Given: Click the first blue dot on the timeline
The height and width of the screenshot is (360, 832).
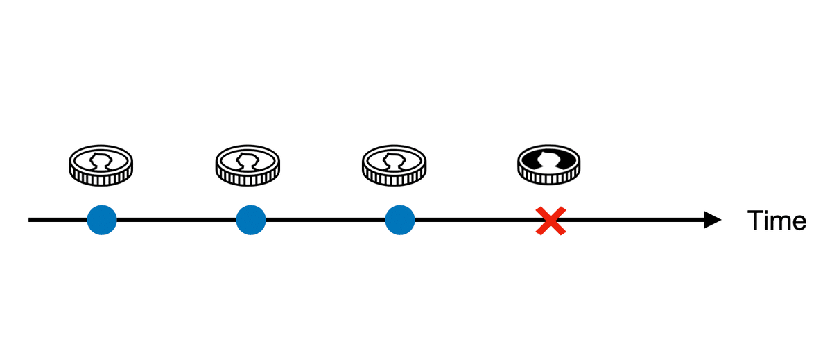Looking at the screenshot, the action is pyautogui.click(x=102, y=220).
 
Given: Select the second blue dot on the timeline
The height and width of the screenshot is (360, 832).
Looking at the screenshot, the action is pyautogui.click(x=251, y=220).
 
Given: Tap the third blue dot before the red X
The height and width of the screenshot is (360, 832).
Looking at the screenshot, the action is pyautogui.click(x=400, y=220).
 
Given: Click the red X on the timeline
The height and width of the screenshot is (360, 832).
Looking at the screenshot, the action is pyautogui.click(x=551, y=221).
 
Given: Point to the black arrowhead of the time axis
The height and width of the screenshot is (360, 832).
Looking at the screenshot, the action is pyautogui.click(x=713, y=220).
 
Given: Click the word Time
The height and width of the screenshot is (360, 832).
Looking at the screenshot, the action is pyautogui.click(x=777, y=221).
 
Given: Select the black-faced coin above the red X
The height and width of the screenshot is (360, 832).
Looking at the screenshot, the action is pyautogui.click(x=549, y=164).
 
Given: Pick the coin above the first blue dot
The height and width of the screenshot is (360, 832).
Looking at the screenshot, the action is pyautogui.click(x=101, y=165).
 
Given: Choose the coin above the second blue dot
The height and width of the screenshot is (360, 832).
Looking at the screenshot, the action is pyautogui.click(x=248, y=165).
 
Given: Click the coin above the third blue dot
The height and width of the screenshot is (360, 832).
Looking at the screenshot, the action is pyautogui.click(x=395, y=165).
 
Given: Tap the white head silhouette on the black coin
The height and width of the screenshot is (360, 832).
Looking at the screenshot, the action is pyautogui.click(x=549, y=160).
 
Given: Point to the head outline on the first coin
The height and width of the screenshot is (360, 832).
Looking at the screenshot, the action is pyautogui.click(x=101, y=162).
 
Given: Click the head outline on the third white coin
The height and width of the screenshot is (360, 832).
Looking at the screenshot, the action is pyautogui.click(x=394, y=162).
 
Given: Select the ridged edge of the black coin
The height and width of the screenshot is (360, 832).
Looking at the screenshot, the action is pyautogui.click(x=549, y=178).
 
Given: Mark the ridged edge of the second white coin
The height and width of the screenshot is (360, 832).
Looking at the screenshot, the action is pyautogui.click(x=248, y=179).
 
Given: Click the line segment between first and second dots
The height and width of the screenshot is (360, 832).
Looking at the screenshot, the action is pyautogui.click(x=176, y=220).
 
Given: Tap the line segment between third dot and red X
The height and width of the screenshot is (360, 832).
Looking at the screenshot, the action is pyautogui.click(x=476, y=220).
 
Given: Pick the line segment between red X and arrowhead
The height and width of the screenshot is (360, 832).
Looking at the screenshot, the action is pyautogui.click(x=635, y=220).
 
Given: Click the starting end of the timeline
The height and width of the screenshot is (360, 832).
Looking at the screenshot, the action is pyautogui.click(x=29, y=220).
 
